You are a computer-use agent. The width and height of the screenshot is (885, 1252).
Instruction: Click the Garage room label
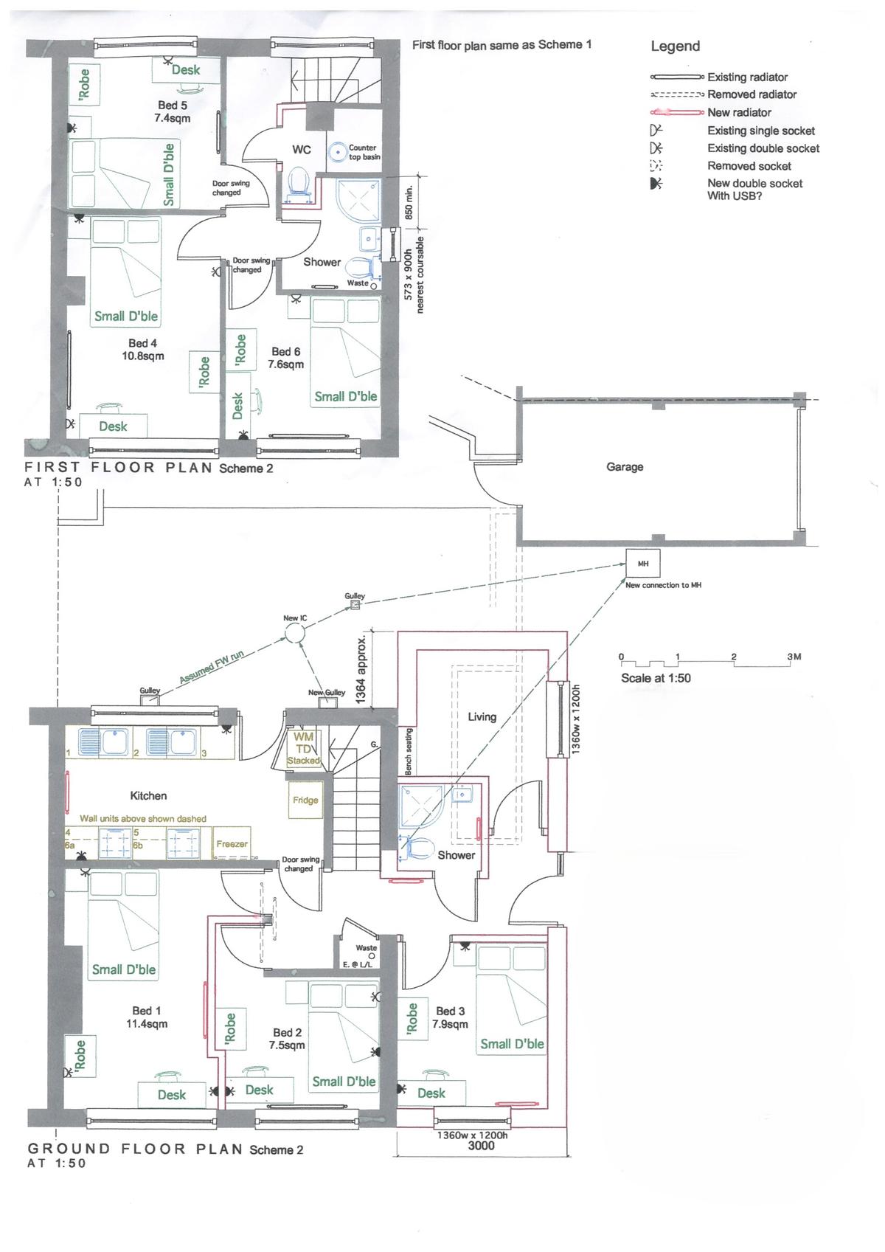point(625,467)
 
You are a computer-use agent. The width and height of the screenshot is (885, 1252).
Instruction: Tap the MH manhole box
point(642,563)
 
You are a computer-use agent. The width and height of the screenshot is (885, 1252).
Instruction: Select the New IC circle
point(294,633)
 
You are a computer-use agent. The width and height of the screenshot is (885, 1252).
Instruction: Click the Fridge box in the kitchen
point(305,800)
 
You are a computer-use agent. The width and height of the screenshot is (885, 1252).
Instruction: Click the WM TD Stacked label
point(303,748)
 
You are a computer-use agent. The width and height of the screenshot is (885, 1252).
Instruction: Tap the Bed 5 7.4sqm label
point(172,111)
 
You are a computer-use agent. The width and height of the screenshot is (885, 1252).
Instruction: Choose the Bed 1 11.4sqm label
point(146,1017)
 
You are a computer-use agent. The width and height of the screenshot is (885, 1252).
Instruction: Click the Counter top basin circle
point(338,152)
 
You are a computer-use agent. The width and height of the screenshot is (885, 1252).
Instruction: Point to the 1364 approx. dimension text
point(361,669)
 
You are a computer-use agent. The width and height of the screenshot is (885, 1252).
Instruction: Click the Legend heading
point(675,46)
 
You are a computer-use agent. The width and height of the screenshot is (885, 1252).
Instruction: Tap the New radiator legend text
point(739,112)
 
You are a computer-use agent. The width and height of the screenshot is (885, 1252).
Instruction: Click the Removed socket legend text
point(749,166)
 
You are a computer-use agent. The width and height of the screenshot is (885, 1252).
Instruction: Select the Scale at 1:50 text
point(656,678)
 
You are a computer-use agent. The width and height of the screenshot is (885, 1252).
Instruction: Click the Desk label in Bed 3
point(431,1093)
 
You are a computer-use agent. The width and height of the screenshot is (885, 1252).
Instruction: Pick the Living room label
point(482,716)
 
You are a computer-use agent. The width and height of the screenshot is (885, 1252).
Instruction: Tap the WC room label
point(301,149)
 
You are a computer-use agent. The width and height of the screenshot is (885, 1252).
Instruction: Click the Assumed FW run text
point(211,667)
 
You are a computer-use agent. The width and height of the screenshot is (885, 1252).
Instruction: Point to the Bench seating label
point(408,751)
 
